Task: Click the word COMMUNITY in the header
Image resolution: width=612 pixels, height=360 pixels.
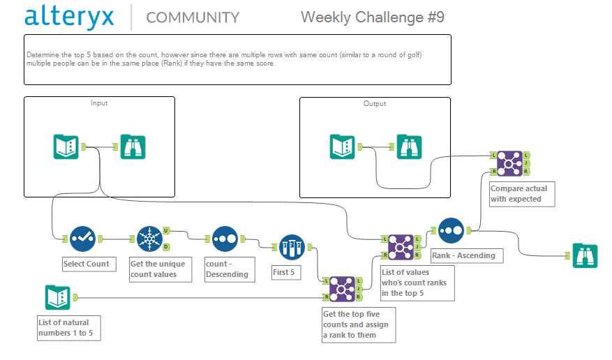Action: coord(193,17)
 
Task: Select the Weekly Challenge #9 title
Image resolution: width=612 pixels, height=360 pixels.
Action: coord(372,17)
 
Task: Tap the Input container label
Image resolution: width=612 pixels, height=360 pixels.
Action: coord(99,103)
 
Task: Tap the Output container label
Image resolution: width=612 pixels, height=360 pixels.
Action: coord(375,103)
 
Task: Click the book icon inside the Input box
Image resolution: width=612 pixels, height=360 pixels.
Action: coord(66,147)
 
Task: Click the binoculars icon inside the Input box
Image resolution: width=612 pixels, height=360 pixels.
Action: coord(133,147)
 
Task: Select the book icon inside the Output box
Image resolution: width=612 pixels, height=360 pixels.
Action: coord(343,147)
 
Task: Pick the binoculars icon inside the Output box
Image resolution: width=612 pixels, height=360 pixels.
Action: coord(409,147)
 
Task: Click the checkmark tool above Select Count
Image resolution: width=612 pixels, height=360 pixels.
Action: coord(82,239)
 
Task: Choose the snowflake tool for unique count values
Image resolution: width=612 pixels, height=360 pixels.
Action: coord(149,239)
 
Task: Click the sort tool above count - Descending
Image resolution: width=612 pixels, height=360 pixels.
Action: coord(225,239)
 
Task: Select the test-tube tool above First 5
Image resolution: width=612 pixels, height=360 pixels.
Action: coord(291,247)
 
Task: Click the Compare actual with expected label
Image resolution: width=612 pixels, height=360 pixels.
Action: coord(518,194)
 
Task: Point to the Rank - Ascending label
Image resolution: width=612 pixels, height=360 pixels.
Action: coord(463,255)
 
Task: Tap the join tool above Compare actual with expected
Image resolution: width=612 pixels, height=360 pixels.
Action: coord(509,163)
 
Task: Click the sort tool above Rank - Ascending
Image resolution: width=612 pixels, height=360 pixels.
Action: coord(451,230)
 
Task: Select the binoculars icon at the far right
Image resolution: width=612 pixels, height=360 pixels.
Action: coord(585,255)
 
